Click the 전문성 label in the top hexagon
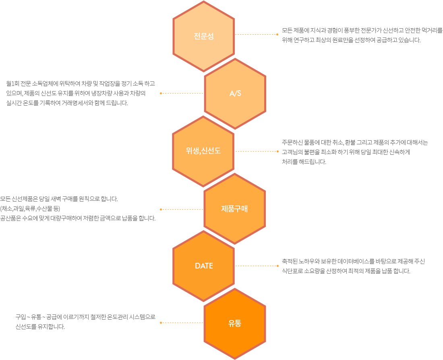[x=203, y=36]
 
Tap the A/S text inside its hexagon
[x=235, y=94]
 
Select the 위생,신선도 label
[x=203, y=151]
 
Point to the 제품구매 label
[x=234, y=209]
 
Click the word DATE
[x=204, y=266]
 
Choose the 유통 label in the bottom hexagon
[x=235, y=323]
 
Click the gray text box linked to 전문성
[x=360, y=35]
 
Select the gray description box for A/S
[x=81, y=93]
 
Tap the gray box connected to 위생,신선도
[x=354, y=152]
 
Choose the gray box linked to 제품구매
[x=77, y=208]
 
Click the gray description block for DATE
[x=351, y=266]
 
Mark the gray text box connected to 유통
[x=85, y=322]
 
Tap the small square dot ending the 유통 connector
[x=161, y=323]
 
